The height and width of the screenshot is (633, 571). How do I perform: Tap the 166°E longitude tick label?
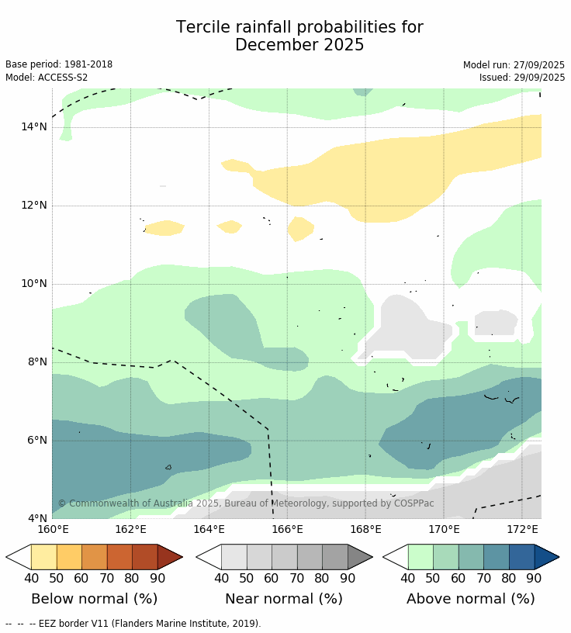287,530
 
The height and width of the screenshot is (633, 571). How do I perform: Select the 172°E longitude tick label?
522,530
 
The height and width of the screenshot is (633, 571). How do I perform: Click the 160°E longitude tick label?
53,530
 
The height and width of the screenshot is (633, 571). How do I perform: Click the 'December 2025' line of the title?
299,45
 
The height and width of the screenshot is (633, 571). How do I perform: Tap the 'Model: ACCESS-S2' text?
47,78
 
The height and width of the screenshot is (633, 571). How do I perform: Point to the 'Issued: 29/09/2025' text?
521,78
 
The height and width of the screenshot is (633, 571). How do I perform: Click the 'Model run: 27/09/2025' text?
514,65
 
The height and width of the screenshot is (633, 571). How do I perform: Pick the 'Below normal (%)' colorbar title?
94,599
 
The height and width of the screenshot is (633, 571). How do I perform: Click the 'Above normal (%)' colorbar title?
470,599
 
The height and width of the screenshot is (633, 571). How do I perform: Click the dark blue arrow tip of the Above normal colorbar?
547,557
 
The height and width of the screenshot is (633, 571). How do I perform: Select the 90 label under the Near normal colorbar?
348,578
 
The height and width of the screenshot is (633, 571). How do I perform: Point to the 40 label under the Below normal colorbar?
31,578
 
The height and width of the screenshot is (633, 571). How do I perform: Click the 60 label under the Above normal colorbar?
459,578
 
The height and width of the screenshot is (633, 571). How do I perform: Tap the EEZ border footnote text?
133,623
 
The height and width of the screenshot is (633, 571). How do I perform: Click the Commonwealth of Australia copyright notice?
246,503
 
